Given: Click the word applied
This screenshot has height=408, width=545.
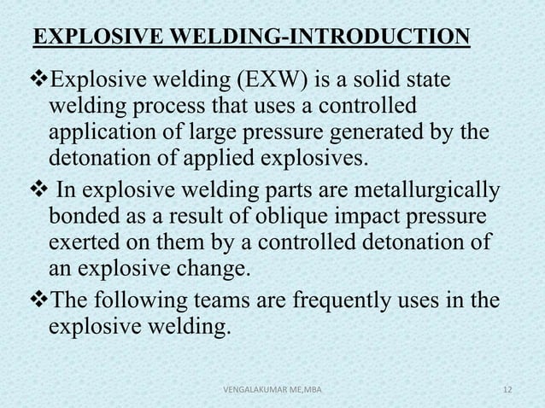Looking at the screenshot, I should tap(218, 160).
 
